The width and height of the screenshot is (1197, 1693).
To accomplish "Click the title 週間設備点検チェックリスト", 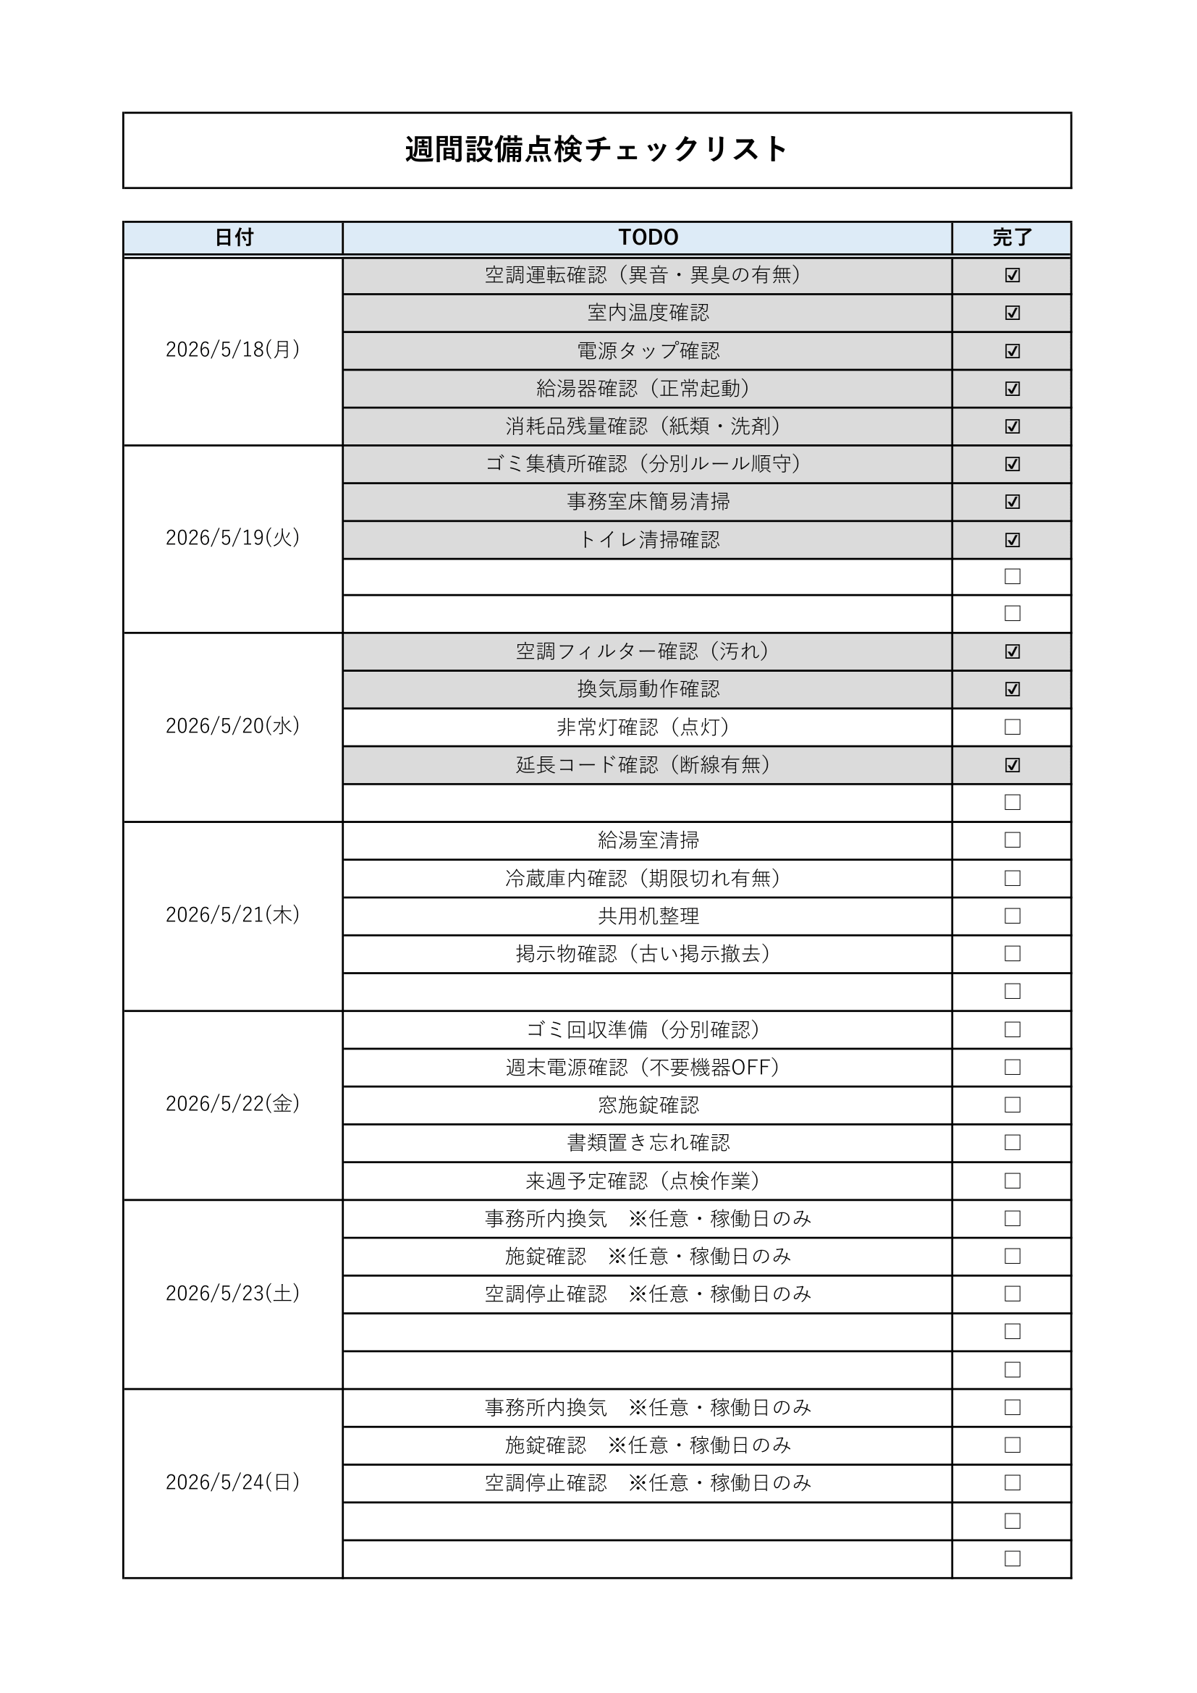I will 596,150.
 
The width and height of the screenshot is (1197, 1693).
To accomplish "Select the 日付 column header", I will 234,237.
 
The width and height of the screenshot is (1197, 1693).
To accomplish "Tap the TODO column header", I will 648,237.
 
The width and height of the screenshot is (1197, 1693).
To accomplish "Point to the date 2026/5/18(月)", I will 233,350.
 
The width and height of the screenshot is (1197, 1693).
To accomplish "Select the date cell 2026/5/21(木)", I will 233,915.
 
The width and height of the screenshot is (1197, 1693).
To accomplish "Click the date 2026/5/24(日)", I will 233,1482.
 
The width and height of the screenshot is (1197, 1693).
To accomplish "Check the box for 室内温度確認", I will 1012,313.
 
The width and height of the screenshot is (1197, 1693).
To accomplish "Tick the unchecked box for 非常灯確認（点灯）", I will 1012,727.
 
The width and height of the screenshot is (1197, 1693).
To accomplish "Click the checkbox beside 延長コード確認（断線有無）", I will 1012,764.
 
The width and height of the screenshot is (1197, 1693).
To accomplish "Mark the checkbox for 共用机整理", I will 1012,916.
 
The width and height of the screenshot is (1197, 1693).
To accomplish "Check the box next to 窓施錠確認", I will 1012,1105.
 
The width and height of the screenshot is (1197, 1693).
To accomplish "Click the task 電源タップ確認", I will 648,351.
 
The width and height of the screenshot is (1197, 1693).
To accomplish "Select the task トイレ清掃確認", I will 648,540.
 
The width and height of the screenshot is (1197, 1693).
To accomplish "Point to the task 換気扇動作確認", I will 648,690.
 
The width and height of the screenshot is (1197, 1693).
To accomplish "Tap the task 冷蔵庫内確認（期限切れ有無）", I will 643,878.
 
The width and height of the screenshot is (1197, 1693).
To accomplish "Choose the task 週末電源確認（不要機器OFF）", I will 643,1067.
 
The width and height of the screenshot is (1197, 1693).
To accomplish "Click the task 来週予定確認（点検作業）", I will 643,1181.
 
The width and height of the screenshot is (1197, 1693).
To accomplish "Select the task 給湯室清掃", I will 648,840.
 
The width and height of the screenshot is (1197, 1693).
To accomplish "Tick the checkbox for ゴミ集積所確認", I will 1012,464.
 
